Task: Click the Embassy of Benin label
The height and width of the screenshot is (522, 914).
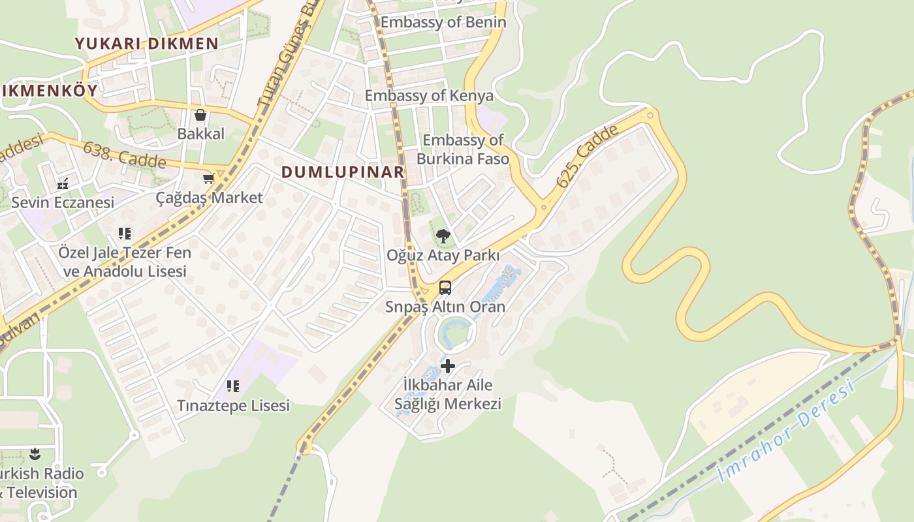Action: [443, 22]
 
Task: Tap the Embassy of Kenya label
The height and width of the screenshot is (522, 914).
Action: [429, 96]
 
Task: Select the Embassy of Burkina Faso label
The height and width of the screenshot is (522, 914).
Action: [463, 149]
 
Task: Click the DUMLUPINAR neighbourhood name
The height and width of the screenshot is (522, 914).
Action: [343, 172]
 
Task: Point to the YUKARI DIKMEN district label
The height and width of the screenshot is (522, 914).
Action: [146, 44]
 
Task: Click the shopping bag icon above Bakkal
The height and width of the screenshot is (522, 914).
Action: [200, 115]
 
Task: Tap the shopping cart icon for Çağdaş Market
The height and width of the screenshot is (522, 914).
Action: [208, 178]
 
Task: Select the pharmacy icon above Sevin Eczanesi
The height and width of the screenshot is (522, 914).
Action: [63, 184]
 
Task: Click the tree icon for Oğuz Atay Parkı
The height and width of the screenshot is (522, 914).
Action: [443, 236]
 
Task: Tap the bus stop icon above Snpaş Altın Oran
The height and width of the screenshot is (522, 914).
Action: [445, 287]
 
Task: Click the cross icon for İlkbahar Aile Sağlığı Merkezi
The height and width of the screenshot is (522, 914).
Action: [448, 366]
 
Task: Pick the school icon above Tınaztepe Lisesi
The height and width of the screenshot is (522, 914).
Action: [233, 386]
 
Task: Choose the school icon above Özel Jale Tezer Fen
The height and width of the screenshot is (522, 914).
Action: [125, 233]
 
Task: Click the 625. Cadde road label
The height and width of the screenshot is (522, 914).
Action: [588, 157]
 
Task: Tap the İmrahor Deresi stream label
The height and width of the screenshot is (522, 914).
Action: [787, 433]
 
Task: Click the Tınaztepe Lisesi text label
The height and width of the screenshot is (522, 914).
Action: [233, 406]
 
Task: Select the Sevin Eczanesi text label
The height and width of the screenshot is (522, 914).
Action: [63, 202]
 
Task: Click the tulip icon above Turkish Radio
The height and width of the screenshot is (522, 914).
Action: [35, 454]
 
